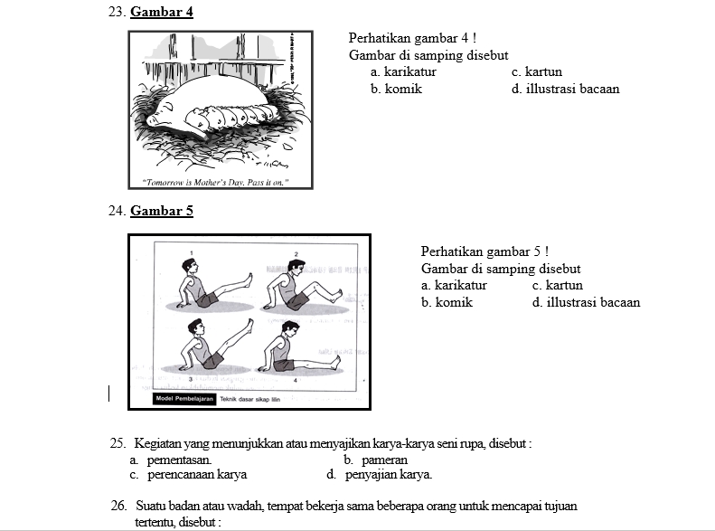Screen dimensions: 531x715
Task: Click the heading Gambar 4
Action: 161,13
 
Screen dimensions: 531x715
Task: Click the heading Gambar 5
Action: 161,211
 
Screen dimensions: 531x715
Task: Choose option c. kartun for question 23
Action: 536,71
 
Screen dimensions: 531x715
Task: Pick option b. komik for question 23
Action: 396,89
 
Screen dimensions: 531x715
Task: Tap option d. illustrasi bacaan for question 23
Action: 565,89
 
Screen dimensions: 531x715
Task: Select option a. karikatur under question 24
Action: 454,285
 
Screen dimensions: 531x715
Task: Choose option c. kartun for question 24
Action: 558,285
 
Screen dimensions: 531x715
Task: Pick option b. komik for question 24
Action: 447,302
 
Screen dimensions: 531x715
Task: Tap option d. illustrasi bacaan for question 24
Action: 586,302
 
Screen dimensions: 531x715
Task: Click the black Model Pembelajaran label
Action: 185,399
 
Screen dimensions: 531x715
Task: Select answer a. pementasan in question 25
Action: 171,460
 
